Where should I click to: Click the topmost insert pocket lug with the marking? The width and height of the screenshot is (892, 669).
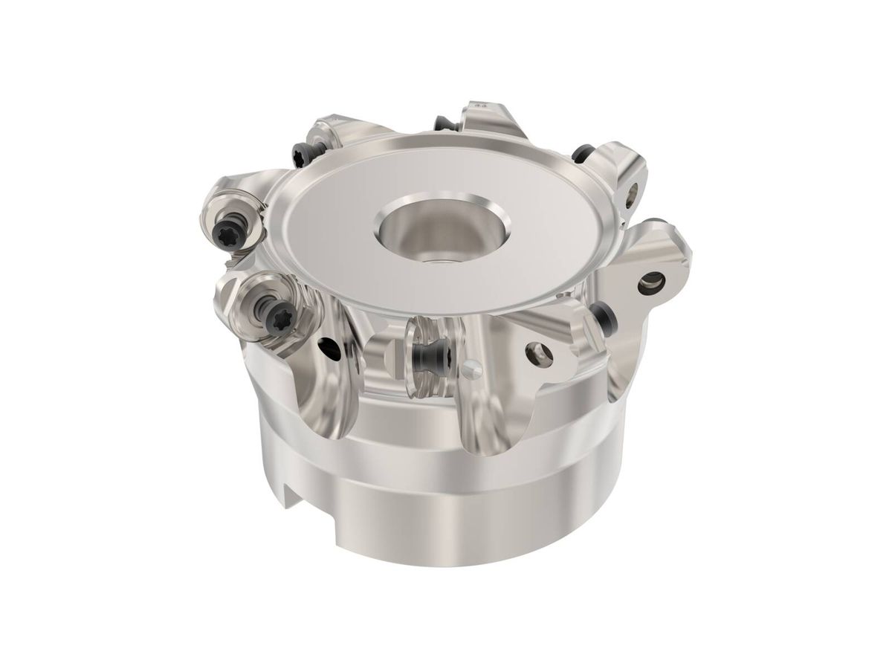click(x=483, y=119)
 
